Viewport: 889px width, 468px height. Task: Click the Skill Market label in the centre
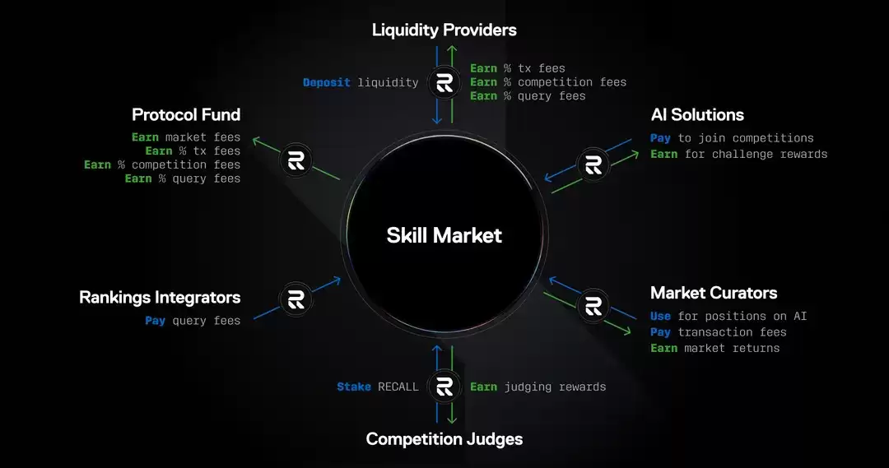point(444,235)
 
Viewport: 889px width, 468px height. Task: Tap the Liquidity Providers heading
point(444,30)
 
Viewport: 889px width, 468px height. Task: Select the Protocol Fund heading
point(186,114)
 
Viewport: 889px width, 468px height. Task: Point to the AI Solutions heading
point(696,115)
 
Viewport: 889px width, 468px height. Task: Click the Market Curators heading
point(714,293)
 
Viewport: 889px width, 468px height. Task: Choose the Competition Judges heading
point(444,438)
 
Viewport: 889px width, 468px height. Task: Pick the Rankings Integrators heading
point(160,297)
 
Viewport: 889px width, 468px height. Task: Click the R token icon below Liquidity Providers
point(444,82)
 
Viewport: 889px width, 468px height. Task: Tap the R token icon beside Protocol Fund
point(296,160)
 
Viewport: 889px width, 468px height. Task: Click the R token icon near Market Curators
point(593,305)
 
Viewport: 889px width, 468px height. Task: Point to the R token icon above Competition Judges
point(444,387)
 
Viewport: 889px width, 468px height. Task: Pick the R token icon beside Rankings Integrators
point(296,299)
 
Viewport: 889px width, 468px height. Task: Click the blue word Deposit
point(327,82)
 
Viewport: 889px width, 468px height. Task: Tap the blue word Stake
point(354,387)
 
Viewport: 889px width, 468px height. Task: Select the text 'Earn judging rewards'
point(538,387)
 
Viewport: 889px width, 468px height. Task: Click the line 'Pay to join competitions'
point(732,138)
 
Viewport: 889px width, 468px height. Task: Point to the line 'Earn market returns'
point(714,348)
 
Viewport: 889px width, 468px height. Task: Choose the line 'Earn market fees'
point(186,137)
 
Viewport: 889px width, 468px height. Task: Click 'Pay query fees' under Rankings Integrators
point(193,321)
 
